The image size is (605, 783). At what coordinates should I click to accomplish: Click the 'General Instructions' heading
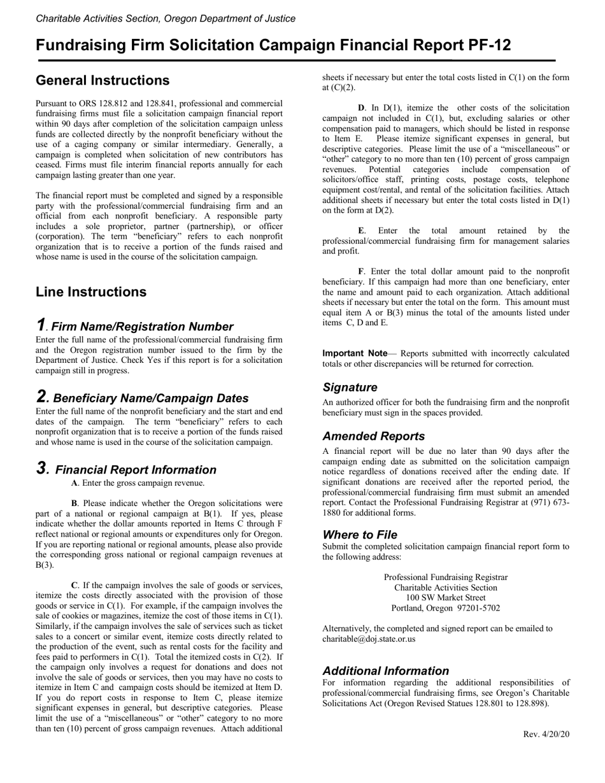(103, 81)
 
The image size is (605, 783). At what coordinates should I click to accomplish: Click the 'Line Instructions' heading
(91, 292)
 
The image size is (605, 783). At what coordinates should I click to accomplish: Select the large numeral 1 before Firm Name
(41, 325)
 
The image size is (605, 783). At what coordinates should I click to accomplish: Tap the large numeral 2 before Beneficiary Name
(42, 397)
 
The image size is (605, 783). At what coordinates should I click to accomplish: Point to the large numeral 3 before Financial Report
(42, 469)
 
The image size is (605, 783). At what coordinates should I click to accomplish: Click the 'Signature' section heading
(350, 388)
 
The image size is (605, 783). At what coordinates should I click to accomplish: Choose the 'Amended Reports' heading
(373, 437)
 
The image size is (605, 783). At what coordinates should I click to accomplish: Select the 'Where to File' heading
(360, 535)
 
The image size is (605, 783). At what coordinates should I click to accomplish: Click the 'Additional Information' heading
(385, 671)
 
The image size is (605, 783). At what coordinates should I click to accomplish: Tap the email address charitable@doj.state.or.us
(369, 638)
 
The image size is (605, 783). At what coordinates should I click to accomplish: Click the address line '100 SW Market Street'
(446, 598)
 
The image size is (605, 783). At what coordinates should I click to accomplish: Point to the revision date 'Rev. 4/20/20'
(546, 734)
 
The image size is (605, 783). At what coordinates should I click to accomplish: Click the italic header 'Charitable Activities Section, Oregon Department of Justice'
(166, 18)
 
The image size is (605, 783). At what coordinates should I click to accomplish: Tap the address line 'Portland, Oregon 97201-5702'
(446, 608)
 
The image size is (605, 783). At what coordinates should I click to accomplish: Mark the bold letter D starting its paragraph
(361, 108)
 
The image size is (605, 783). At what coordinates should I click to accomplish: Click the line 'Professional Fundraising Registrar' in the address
(446, 577)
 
